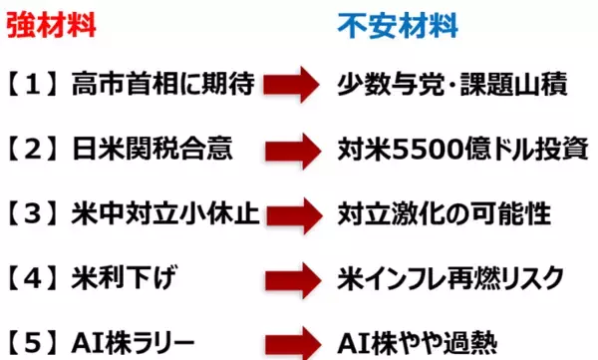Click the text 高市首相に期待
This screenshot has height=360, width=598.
point(160,87)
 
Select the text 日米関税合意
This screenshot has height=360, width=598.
point(149,151)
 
